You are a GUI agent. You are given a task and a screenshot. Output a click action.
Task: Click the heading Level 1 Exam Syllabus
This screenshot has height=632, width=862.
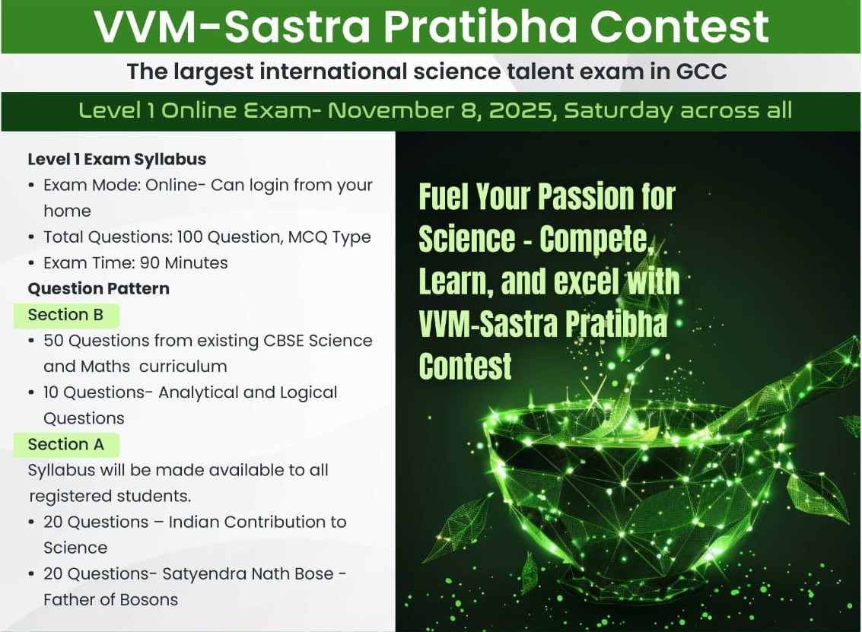(117, 160)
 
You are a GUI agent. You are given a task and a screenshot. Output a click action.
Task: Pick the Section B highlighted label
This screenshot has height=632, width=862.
(66, 315)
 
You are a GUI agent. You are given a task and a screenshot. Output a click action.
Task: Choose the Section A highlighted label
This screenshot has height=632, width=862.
(66, 444)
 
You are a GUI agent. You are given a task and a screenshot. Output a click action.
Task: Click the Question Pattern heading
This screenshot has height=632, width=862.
(98, 288)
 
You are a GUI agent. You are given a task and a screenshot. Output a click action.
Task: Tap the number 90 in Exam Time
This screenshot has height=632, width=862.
(150, 262)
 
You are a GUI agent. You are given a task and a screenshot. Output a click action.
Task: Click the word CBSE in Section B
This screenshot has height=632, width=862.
(284, 341)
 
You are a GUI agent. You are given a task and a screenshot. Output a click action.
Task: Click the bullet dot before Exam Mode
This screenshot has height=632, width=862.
(31, 186)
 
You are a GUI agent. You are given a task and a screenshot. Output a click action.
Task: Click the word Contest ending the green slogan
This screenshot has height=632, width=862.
(465, 367)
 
